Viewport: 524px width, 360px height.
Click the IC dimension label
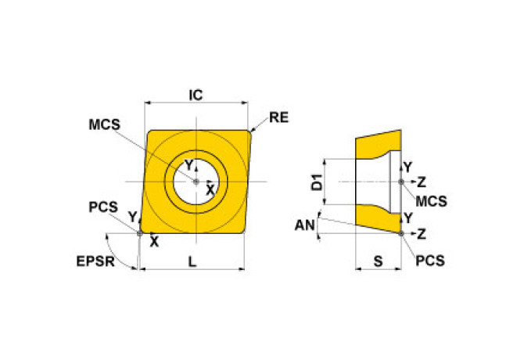click(196, 95)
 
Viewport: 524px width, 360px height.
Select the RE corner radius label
click(278, 118)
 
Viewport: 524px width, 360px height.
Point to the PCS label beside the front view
click(102, 207)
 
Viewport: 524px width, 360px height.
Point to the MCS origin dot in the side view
click(401, 182)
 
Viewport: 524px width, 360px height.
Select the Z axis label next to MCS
click(421, 182)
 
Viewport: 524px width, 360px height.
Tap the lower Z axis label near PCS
click(421, 234)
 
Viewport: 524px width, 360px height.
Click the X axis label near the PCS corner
click(153, 242)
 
